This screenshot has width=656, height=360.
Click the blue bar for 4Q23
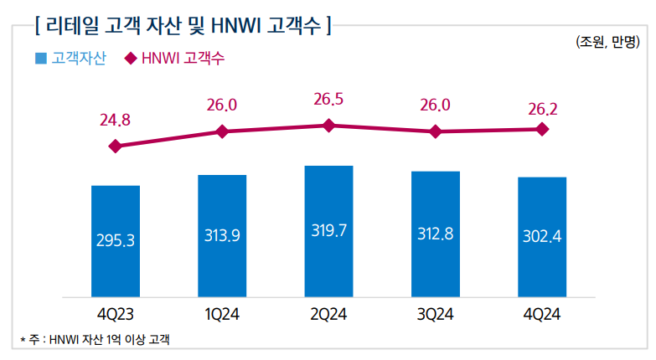click(116, 241)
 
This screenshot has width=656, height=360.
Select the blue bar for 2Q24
click(328, 231)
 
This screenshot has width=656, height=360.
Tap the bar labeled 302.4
click(542, 237)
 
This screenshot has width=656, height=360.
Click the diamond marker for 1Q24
click(222, 131)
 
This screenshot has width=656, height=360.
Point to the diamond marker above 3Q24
click(435, 131)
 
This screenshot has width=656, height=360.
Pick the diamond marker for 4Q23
click(116, 146)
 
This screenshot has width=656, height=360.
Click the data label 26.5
click(328, 100)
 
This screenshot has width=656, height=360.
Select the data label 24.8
click(116, 120)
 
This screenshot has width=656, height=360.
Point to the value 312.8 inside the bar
click(435, 234)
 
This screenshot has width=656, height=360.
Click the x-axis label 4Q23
click(116, 315)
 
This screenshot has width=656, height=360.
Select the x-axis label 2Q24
click(328, 315)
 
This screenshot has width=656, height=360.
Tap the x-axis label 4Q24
click(542, 315)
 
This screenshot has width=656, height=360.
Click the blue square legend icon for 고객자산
click(40, 59)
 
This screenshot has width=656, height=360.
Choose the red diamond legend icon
click(131, 59)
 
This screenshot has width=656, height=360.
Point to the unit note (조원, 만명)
click(607, 42)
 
